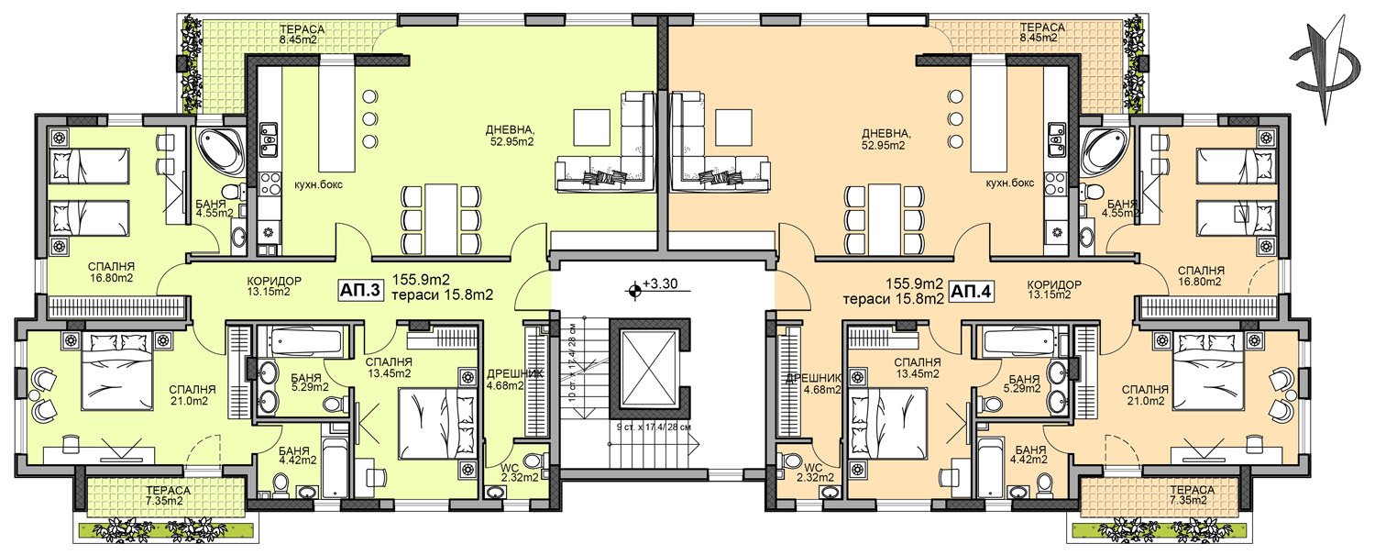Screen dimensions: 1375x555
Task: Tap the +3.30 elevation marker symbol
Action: point(634,289)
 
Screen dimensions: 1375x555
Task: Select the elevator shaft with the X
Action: point(650,369)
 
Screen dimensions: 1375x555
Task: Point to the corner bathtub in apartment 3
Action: point(220,150)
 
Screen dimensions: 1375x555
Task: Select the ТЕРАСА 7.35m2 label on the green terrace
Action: point(168,496)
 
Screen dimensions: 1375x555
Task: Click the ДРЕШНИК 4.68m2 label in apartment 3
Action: point(507,380)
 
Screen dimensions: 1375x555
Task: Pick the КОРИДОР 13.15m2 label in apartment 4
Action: point(1054,290)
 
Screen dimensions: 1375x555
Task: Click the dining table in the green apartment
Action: point(441,218)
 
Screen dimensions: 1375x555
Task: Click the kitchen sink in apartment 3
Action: point(269,140)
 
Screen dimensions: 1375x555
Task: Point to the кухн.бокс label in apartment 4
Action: point(1009,183)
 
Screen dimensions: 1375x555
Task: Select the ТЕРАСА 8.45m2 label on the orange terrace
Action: point(1041,32)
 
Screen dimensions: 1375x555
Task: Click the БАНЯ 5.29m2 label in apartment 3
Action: point(310,382)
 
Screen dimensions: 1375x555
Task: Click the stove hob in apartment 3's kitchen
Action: point(269,182)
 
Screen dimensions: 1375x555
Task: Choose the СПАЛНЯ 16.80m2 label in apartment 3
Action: point(111,272)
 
